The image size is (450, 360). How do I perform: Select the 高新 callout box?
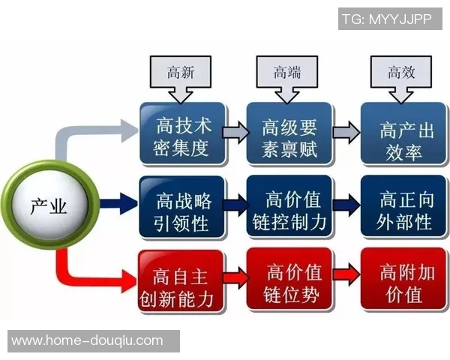(x=180, y=73)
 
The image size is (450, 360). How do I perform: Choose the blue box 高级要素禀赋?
(x=289, y=134)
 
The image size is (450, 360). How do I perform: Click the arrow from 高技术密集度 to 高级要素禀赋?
(x=235, y=134)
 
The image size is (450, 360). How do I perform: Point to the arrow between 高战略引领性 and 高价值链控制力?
(x=235, y=204)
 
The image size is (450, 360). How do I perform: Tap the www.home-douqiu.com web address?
(x=87, y=341)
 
